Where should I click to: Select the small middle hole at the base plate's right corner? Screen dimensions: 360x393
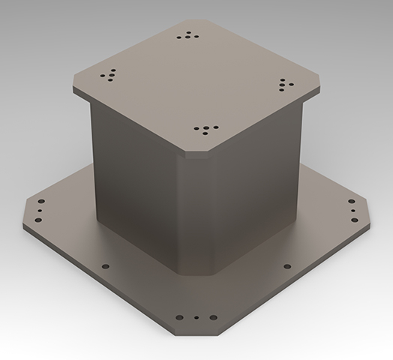coord(352,211)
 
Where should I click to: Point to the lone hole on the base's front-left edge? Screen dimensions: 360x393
coord(105,266)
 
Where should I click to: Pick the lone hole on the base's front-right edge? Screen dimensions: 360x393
coord(285,265)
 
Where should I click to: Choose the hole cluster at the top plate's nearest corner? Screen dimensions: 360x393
coord(203,130)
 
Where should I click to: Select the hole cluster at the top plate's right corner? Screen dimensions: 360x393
coord(286,84)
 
